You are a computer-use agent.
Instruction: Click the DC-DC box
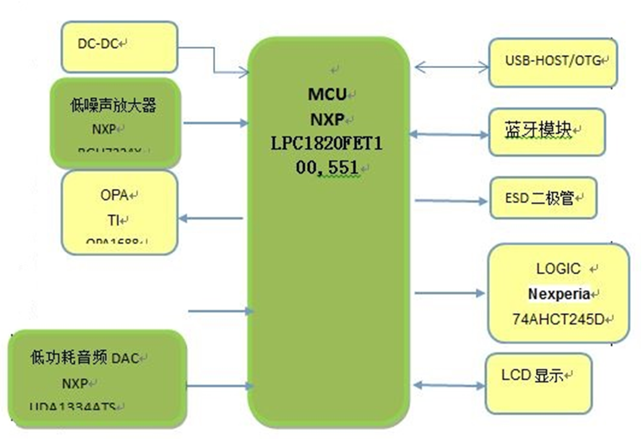coord(119,46)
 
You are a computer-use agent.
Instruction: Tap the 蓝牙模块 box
coord(546,131)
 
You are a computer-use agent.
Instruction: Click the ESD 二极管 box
coord(543,198)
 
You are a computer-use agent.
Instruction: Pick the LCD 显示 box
coord(537,383)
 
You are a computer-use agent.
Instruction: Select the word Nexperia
coord(559,293)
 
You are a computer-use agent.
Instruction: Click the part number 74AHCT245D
coord(559,319)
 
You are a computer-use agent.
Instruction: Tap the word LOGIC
coord(558,269)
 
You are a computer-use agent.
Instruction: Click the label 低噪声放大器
coord(113,106)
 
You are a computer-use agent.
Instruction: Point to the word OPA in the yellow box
coord(114,195)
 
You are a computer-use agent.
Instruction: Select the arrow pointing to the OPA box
coord(210,217)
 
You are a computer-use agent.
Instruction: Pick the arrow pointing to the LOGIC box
coord(450,293)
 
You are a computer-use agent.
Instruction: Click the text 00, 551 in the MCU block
coord(329,167)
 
